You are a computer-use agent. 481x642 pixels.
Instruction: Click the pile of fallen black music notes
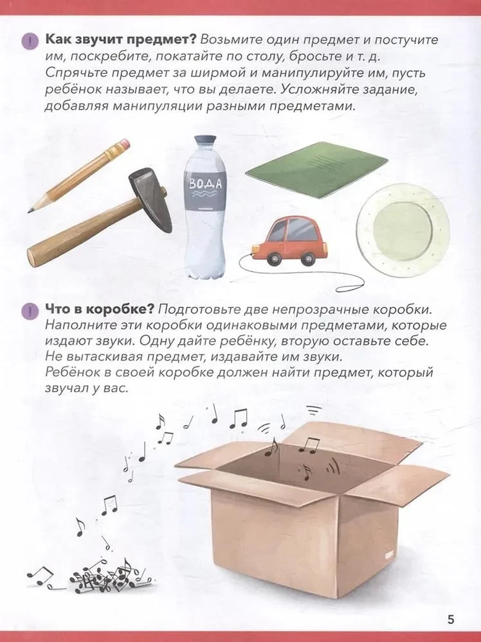click(103, 575)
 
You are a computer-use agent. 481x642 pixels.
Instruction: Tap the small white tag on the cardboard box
click(390, 553)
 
